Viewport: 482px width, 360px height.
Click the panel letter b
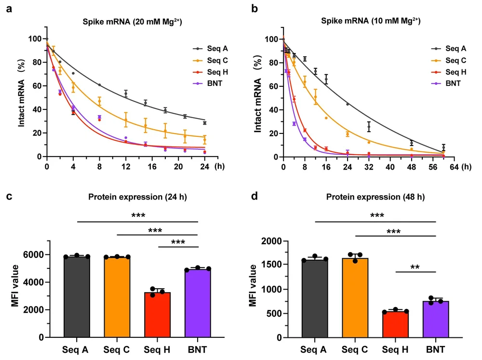(x=249, y=9)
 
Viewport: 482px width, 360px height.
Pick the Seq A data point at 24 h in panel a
(x=204, y=123)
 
